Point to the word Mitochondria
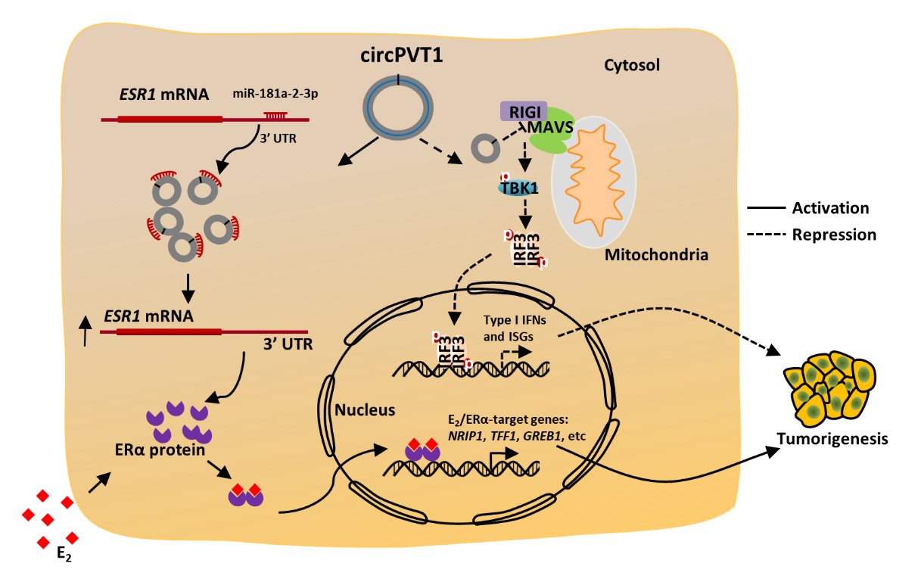(x=656, y=255)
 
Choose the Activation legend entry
(x=829, y=207)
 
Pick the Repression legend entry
(x=834, y=235)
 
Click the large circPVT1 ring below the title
(x=399, y=109)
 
